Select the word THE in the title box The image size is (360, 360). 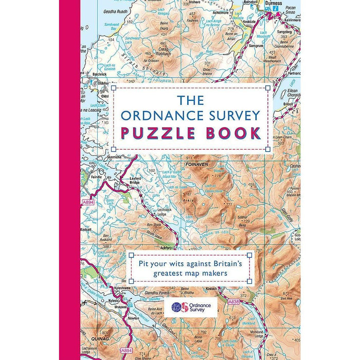[x=190, y=99]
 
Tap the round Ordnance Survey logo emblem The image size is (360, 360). [x=177, y=308]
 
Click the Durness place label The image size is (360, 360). [x=271, y=3]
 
